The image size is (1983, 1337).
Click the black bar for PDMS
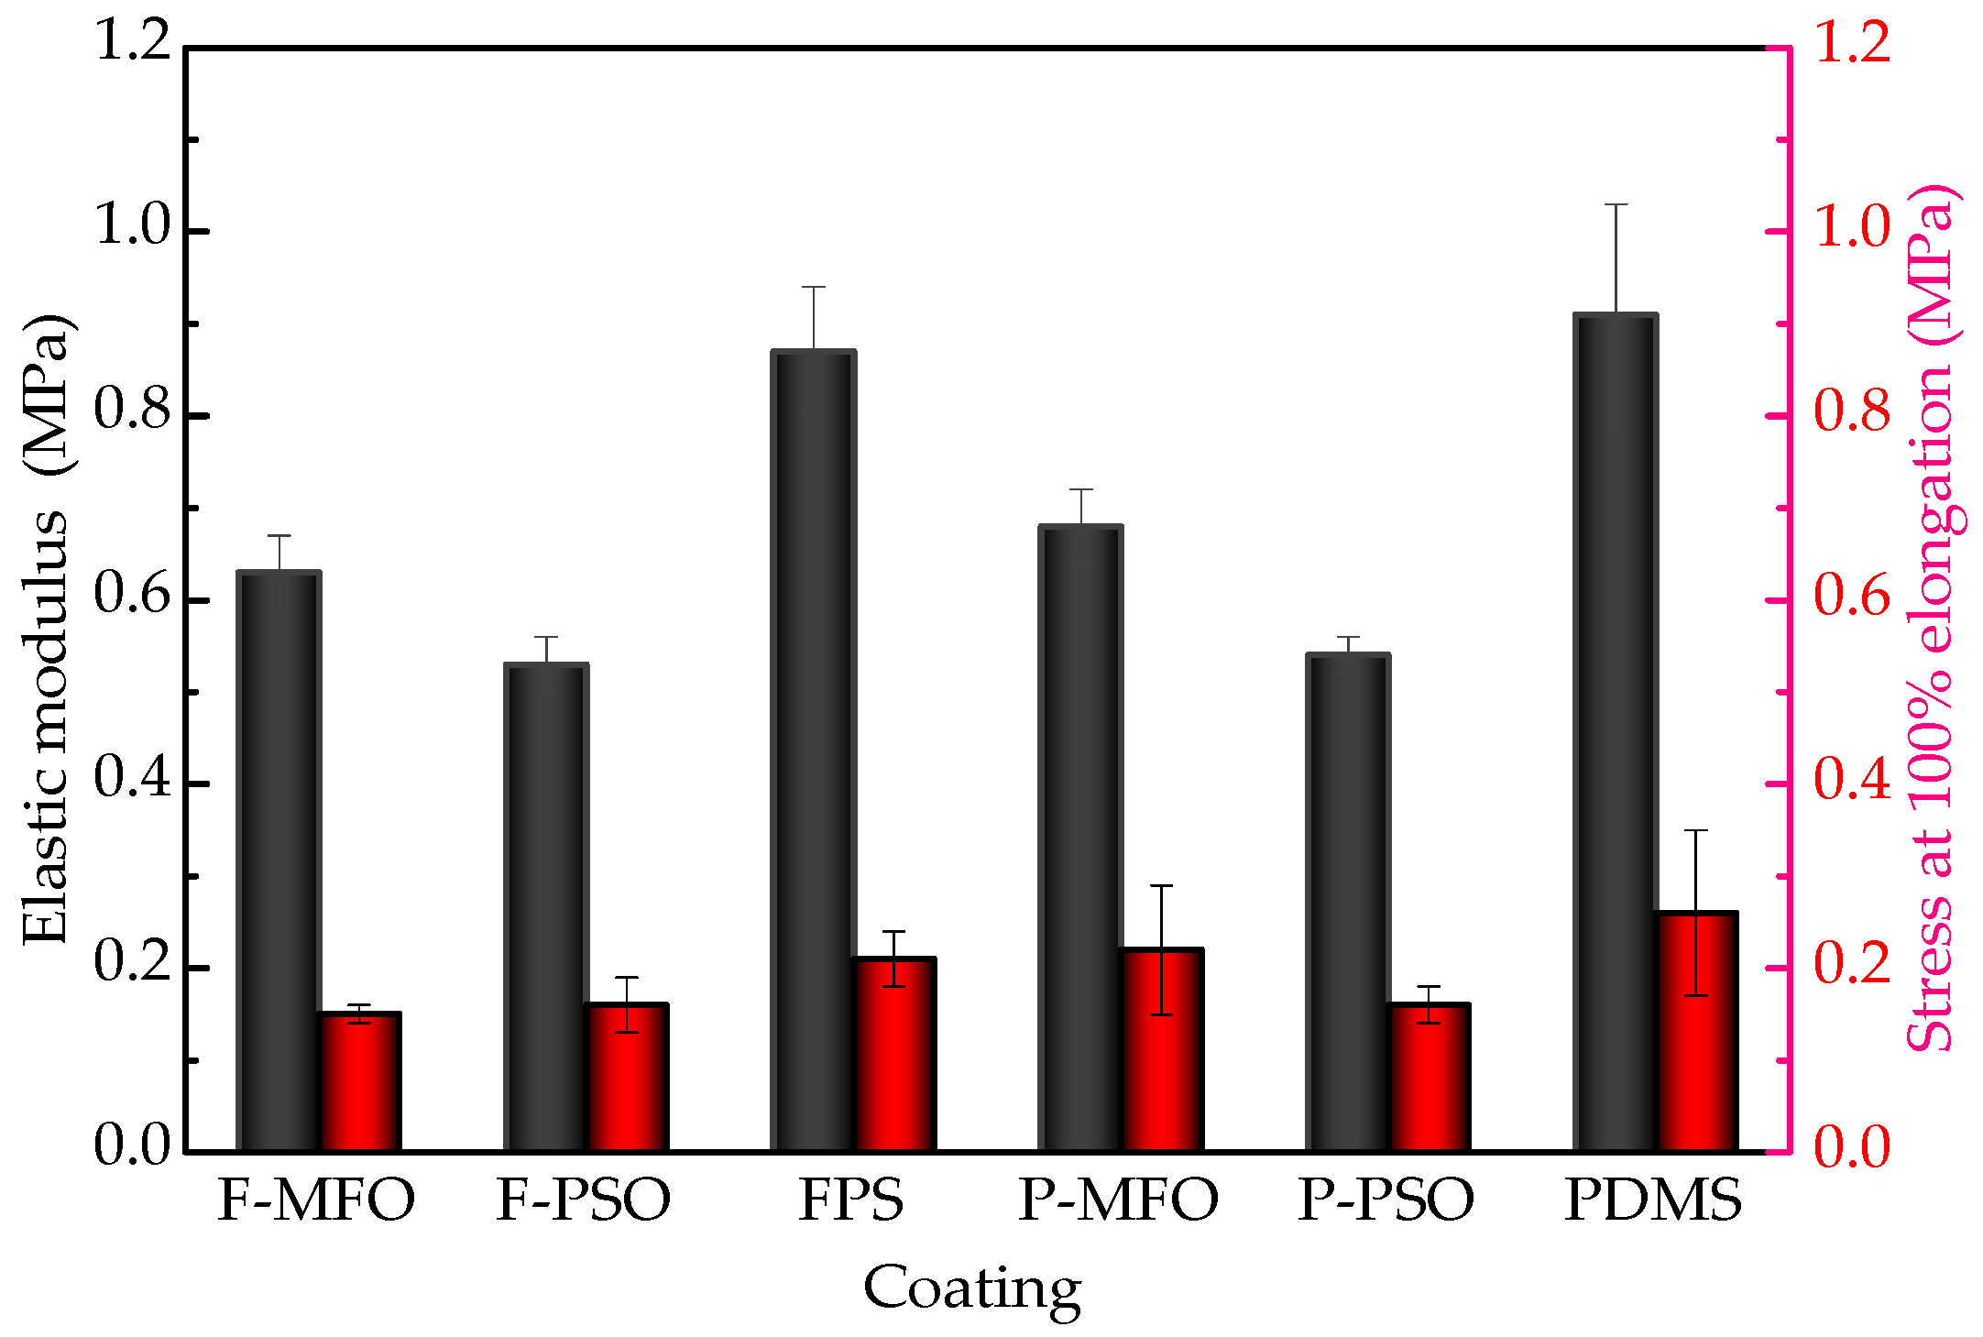(x=1615, y=733)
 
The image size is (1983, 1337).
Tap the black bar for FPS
(x=814, y=751)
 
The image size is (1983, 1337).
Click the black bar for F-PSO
(x=546, y=907)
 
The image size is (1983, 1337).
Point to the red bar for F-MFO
(x=359, y=1081)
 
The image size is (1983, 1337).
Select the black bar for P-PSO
(x=1348, y=903)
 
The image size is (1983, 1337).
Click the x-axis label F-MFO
(x=316, y=1200)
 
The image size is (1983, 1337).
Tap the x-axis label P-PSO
(x=1386, y=1200)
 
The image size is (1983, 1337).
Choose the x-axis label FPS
(x=851, y=1200)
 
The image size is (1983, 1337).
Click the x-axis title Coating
(x=972, y=1288)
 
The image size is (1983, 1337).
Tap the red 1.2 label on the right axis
(x=1852, y=43)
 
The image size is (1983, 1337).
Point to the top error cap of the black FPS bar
(x=814, y=287)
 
